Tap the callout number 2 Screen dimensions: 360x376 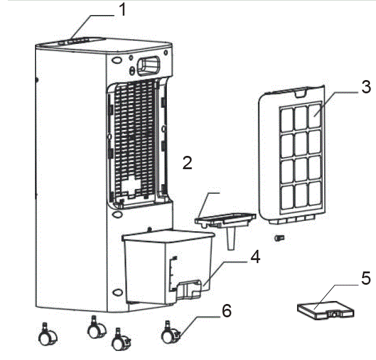(x=187, y=163)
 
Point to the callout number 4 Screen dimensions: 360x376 (x=255, y=257)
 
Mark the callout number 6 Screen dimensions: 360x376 (x=226, y=311)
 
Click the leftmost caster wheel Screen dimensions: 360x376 (x=45, y=336)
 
